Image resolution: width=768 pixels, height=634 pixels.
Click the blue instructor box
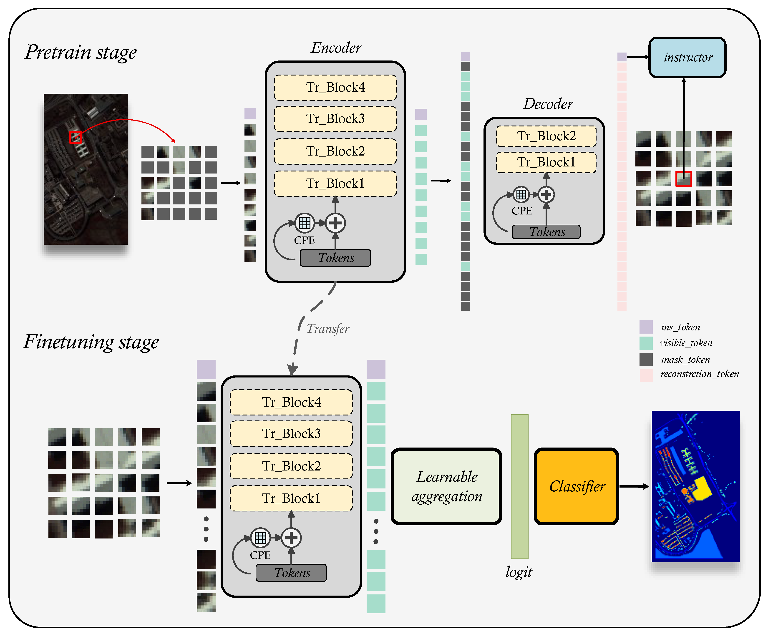coord(687,57)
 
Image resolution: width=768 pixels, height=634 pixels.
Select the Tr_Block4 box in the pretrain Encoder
coord(335,88)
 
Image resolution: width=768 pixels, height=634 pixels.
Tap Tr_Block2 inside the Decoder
coord(546,136)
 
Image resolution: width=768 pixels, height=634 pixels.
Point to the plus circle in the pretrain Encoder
coord(335,223)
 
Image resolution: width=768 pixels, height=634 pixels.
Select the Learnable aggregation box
coord(446,486)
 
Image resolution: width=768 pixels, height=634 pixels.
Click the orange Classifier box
coord(576,486)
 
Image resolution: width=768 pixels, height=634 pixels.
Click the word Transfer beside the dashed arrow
coord(327,329)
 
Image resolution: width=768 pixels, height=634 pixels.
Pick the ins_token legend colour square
coord(646,327)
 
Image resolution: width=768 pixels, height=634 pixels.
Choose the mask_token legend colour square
coord(646,359)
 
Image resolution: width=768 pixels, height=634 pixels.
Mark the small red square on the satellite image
coord(75,137)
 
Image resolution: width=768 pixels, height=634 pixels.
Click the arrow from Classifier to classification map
coord(634,486)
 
